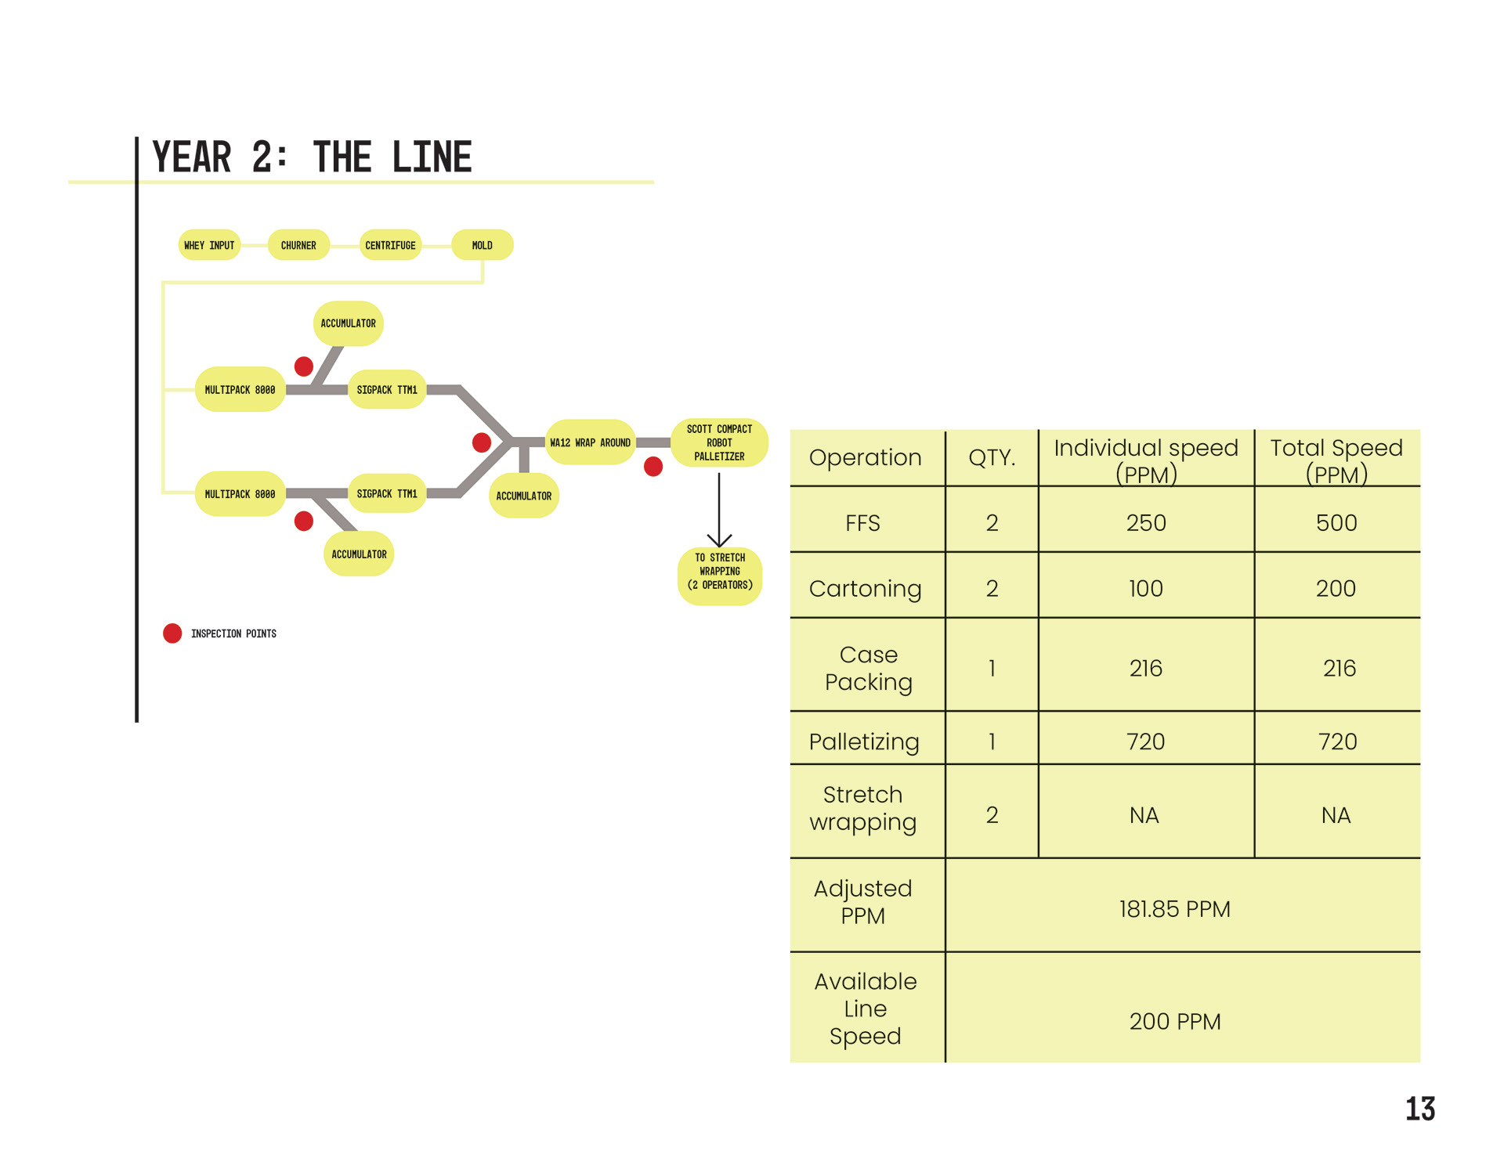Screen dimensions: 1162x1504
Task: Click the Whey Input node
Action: click(x=209, y=245)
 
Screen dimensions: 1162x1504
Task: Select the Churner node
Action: click(x=298, y=245)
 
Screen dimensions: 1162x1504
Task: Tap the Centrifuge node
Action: click(x=390, y=245)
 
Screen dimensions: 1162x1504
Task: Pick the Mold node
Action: click(x=482, y=245)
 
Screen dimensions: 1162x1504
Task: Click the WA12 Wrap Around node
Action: click(x=590, y=442)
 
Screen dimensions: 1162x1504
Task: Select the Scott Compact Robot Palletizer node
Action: click(x=719, y=442)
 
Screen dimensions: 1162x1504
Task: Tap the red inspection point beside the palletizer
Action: click(x=653, y=467)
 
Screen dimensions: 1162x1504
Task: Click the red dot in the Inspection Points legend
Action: click(x=172, y=633)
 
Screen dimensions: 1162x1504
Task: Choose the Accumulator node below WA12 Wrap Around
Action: click(x=523, y=496)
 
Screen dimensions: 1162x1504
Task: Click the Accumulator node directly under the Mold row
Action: click(x=348, y=323)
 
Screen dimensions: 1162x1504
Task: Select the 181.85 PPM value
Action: click(x=1174, y=909)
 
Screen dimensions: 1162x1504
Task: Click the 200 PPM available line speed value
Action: click(x=1174, y=1022)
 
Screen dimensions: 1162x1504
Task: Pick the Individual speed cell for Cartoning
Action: click(x=1145, y=588)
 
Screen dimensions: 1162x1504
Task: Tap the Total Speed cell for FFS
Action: click(x=1336, y=522)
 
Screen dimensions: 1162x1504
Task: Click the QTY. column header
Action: click(x=991, y=457)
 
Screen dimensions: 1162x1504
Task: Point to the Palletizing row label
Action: click(x=864, y=741)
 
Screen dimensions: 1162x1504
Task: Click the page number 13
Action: click(x=1419, y=1109)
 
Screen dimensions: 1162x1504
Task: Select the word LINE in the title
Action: click(x=432, y=157)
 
